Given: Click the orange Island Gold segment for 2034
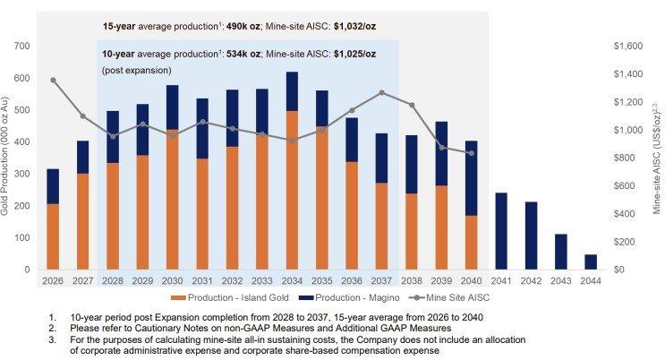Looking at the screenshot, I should (x=293, y=190).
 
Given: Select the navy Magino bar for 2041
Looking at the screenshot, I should (x=501, y=231).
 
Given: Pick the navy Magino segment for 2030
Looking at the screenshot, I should (x=173, y=107).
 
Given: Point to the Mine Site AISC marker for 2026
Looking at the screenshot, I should (x=53, y=80).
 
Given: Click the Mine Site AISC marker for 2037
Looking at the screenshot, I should (x=382, y=92).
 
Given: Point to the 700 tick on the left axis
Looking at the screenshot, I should (x=22, y=46).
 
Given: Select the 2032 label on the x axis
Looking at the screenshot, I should (x=233, y=279).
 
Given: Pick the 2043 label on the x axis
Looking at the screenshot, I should (x=561, y=279).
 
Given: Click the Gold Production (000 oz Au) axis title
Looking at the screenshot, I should (x=8, y=158).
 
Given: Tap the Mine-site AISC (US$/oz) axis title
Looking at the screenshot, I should (x=656, y=158).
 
